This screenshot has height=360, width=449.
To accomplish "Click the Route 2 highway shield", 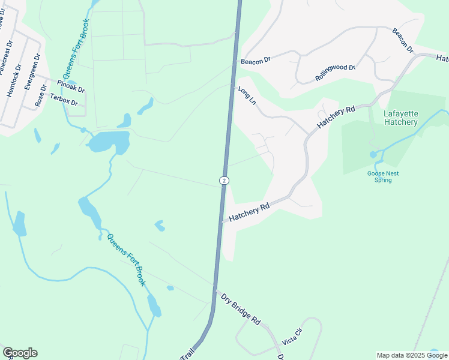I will tap(223, 180).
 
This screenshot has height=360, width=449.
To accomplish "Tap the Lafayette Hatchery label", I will tap(400, 118).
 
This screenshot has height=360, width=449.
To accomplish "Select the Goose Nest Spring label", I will tap(382, 176).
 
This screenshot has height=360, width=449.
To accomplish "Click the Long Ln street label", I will tap(247, 96).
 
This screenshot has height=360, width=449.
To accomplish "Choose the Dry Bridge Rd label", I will tap(240, 308).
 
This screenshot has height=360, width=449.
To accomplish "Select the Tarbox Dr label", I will tap(64, 100).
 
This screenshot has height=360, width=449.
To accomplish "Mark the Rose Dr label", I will tap(41, 96).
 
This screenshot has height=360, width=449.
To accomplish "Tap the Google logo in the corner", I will tap(20, 353).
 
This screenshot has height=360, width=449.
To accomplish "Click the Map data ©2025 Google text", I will tap(411, 355).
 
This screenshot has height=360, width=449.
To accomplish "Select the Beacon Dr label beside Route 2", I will tap(256, 61).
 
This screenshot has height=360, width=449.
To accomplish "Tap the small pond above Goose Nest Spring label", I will tap(373, 154).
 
